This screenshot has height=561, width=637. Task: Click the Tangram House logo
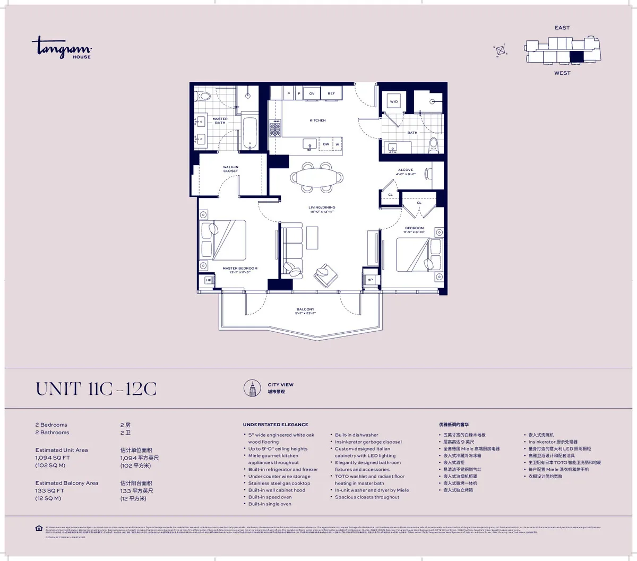click(x=62, y=47)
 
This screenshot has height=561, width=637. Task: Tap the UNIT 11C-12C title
click(x=96, y=389)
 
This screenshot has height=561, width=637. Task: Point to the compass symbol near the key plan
click(x=501, y=50)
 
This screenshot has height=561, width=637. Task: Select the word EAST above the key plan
click(x=562, y=28)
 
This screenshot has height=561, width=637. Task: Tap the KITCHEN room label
click(x=317, y=120)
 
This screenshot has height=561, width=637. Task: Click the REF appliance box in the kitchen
click(x=331, y=93)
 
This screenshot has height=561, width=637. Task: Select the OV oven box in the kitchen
click(x=312, y=93)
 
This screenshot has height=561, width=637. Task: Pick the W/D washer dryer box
click(x=394, y=101)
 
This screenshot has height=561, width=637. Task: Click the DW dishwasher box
click(x=326, y=144)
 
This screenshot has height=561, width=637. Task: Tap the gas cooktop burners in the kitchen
click(x=275, y=128)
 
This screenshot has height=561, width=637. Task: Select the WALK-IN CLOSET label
click(x=230, y=169)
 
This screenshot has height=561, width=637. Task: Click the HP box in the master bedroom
click(x=209, y=280)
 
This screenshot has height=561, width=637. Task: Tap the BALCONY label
click(x=305, y=309)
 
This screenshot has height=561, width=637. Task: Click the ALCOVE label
click(x=406, y=170)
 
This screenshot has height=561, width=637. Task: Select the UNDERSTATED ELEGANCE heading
click(x=276, y=425)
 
